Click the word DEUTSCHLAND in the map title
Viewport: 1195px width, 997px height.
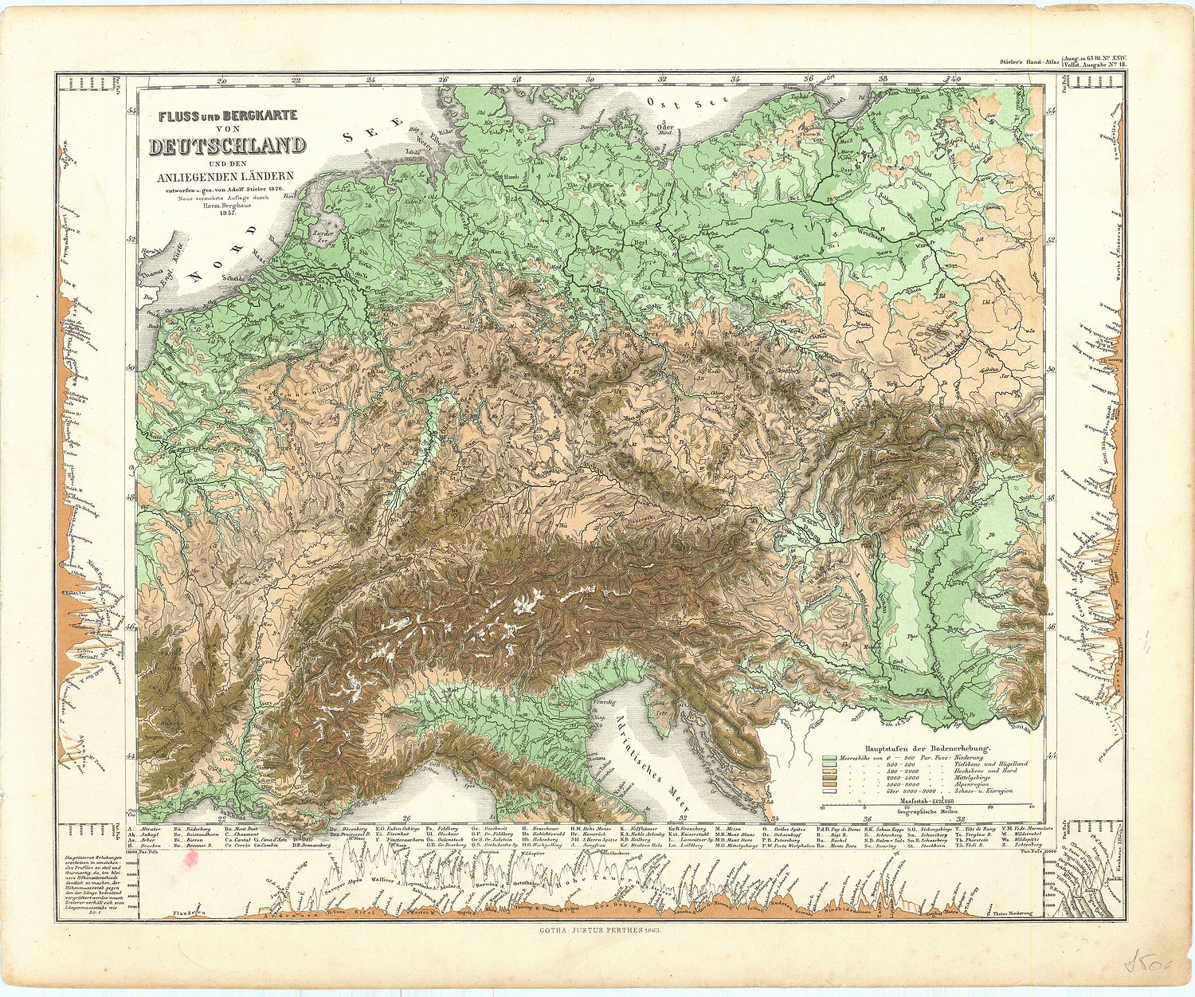point(228,146)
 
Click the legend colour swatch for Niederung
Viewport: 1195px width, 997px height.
point(829,757)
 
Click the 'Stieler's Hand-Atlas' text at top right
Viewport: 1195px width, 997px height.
point(1027,61)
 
